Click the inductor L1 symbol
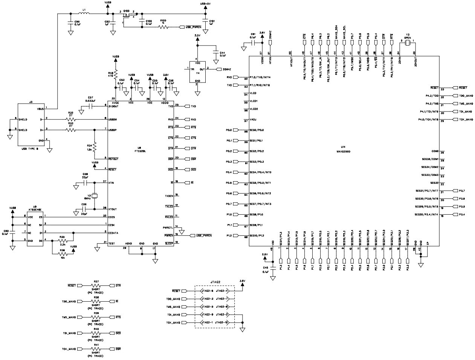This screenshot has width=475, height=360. (x=84, y=14)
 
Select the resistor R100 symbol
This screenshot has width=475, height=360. (x=163, y=27)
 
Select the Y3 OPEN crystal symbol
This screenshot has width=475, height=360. (x=407, y=44)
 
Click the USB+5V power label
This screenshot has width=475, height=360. (x=206, y=4)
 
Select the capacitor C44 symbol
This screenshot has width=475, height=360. (x=216, y=52)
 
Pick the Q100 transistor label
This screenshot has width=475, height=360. (x=126, y=11)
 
